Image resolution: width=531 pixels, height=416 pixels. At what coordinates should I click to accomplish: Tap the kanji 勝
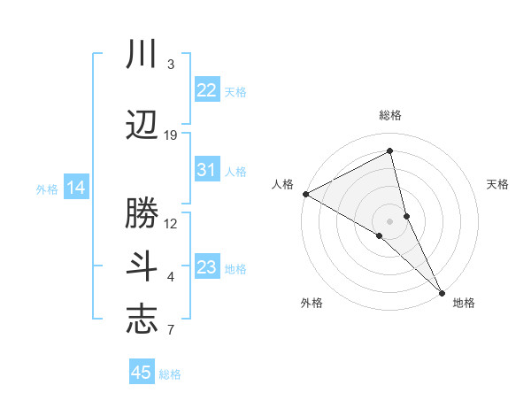click(x=142, y=212)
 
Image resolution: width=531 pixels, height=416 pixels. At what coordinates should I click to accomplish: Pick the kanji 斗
click(x=142, y=266)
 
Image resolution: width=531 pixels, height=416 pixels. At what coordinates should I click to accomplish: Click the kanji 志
click(x=142, y=320)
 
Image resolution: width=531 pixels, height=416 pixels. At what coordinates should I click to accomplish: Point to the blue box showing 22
click(x=206, y=90)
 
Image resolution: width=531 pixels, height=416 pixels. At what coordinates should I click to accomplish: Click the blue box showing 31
click(x=206, y=170)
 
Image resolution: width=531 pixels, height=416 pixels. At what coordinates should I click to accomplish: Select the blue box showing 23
click(x=206, y=267)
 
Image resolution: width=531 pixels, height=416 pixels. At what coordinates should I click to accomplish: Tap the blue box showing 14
click(x=75, y=188)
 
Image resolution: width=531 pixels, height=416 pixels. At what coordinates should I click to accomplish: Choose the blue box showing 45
click(x=142, y=373)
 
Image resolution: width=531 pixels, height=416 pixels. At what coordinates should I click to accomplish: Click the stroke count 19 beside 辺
click(x=171, y=135)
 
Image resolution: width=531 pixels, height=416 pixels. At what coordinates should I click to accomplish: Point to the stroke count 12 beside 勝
click(x=171, y=223)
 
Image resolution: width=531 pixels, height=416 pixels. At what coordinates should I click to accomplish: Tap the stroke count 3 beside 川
click(x=170, y=65)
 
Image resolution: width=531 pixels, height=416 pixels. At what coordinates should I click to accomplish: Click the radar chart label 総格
click(x=390, y=115)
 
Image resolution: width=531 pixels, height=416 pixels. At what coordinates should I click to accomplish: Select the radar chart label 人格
click(x=282, y=184)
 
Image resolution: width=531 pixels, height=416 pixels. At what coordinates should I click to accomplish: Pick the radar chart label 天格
click(x=497, y=184)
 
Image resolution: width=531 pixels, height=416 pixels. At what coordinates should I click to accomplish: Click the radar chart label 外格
click(x=311, y=303)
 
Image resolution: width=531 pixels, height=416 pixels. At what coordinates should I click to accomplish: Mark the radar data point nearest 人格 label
click(x=304, y=193)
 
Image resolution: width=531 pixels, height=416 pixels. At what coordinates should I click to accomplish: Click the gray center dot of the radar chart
click(x=389, y=220)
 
